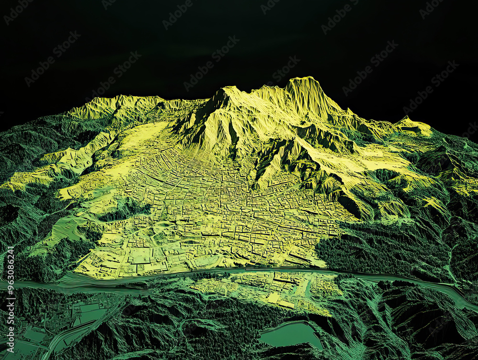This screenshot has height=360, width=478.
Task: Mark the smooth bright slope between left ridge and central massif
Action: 143,139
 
